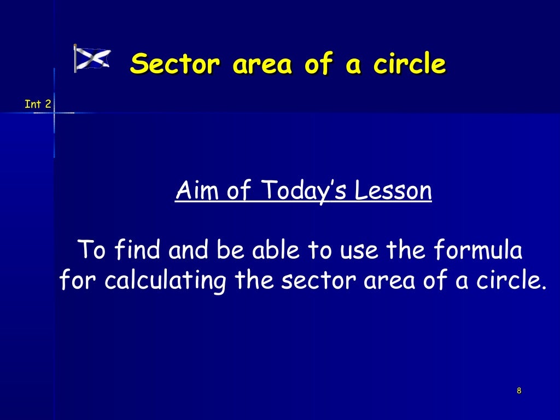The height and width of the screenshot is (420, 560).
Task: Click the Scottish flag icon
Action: (x=92, y=59)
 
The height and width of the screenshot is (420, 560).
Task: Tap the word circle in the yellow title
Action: (x=409, y=64)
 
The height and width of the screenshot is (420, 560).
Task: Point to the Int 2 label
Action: (x=38, y=103)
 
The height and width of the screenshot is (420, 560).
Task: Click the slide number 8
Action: (x=518, y=390)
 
